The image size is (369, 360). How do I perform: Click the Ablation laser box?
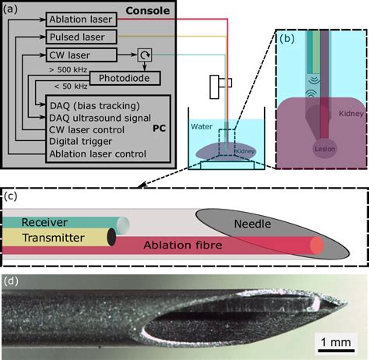(x=81, y=18)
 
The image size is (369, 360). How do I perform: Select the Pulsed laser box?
(x=81, y=37)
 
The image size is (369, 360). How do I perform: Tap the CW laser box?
(x=81, y=55)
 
